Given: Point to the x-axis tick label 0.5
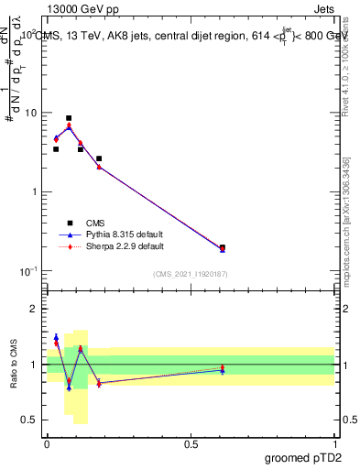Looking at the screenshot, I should (191, 442).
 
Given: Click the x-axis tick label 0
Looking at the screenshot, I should (47, 442).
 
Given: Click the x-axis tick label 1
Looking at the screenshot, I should (335, 442).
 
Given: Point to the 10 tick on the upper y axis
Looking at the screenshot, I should (30, 113).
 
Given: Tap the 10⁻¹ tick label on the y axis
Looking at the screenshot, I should (27, 271).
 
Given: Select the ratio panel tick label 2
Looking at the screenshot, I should (35, 310).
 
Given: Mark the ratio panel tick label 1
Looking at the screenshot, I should (35, 365).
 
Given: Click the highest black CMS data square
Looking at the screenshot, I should (69, 118).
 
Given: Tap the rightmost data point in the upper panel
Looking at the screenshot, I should (223, 247).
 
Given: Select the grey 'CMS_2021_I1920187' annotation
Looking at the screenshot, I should (191, 274).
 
